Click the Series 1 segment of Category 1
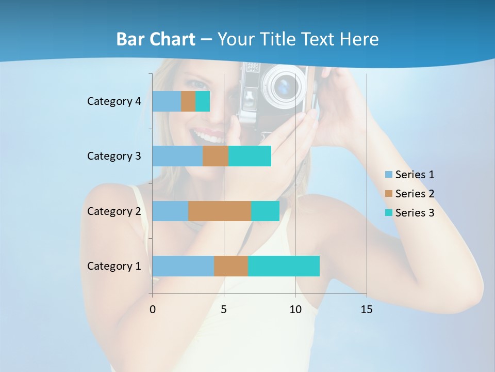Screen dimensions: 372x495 [183, 266]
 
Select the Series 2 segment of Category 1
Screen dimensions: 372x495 [231, 266]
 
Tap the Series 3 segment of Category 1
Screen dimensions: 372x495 [284, 266]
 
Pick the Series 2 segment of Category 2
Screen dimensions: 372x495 [220, 211]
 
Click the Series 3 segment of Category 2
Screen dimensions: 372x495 [265, 211]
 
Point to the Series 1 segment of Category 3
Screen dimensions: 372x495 [177, 156]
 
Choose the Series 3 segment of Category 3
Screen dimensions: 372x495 [250, 156]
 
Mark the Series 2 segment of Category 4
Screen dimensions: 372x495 [188, 101]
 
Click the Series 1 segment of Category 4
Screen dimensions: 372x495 [167, 101]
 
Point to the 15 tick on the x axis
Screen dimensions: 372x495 [367, 309]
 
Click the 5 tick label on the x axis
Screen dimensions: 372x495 [224, 309]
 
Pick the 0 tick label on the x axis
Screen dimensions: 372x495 [153, 309]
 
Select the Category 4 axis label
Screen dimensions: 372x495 [114, 101]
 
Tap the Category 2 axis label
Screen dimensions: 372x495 [114, 211]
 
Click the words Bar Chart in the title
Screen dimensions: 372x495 [156, 39]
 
